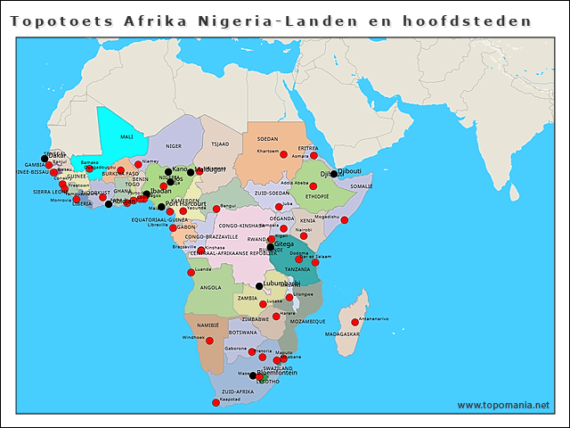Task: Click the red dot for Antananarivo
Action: coord(355,322)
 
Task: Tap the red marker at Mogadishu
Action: coord(345,220)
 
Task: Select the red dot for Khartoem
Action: coord(284,154)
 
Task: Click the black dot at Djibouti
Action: coord(334,174)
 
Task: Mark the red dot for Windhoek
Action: coord(210,340)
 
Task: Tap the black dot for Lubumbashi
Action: coord(259,286)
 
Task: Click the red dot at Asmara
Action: coord(313,155)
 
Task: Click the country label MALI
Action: coord(126,137)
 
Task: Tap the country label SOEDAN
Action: coord(267,139)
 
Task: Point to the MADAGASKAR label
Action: coord(343,334)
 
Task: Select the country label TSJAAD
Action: coord(219,144)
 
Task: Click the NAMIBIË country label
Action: coord(208,326)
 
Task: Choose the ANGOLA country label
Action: coord(211,288)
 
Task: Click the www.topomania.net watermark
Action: coord(503,405)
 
